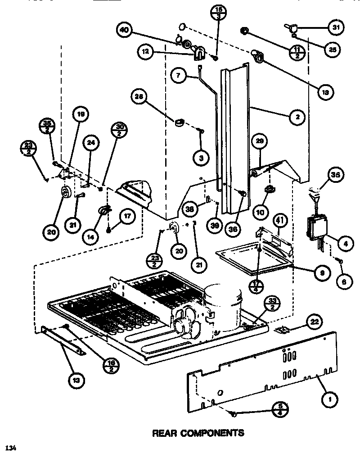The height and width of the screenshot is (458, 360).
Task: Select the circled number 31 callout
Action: pos(335,27)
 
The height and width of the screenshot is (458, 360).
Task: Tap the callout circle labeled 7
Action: pos(178,76)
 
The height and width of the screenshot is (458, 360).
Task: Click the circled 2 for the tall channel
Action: pos(297,117)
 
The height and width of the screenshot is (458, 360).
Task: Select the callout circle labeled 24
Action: pos(91,143)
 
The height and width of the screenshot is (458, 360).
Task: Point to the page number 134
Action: pos(11,448)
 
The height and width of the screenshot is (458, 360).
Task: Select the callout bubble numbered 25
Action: pos(332,50)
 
